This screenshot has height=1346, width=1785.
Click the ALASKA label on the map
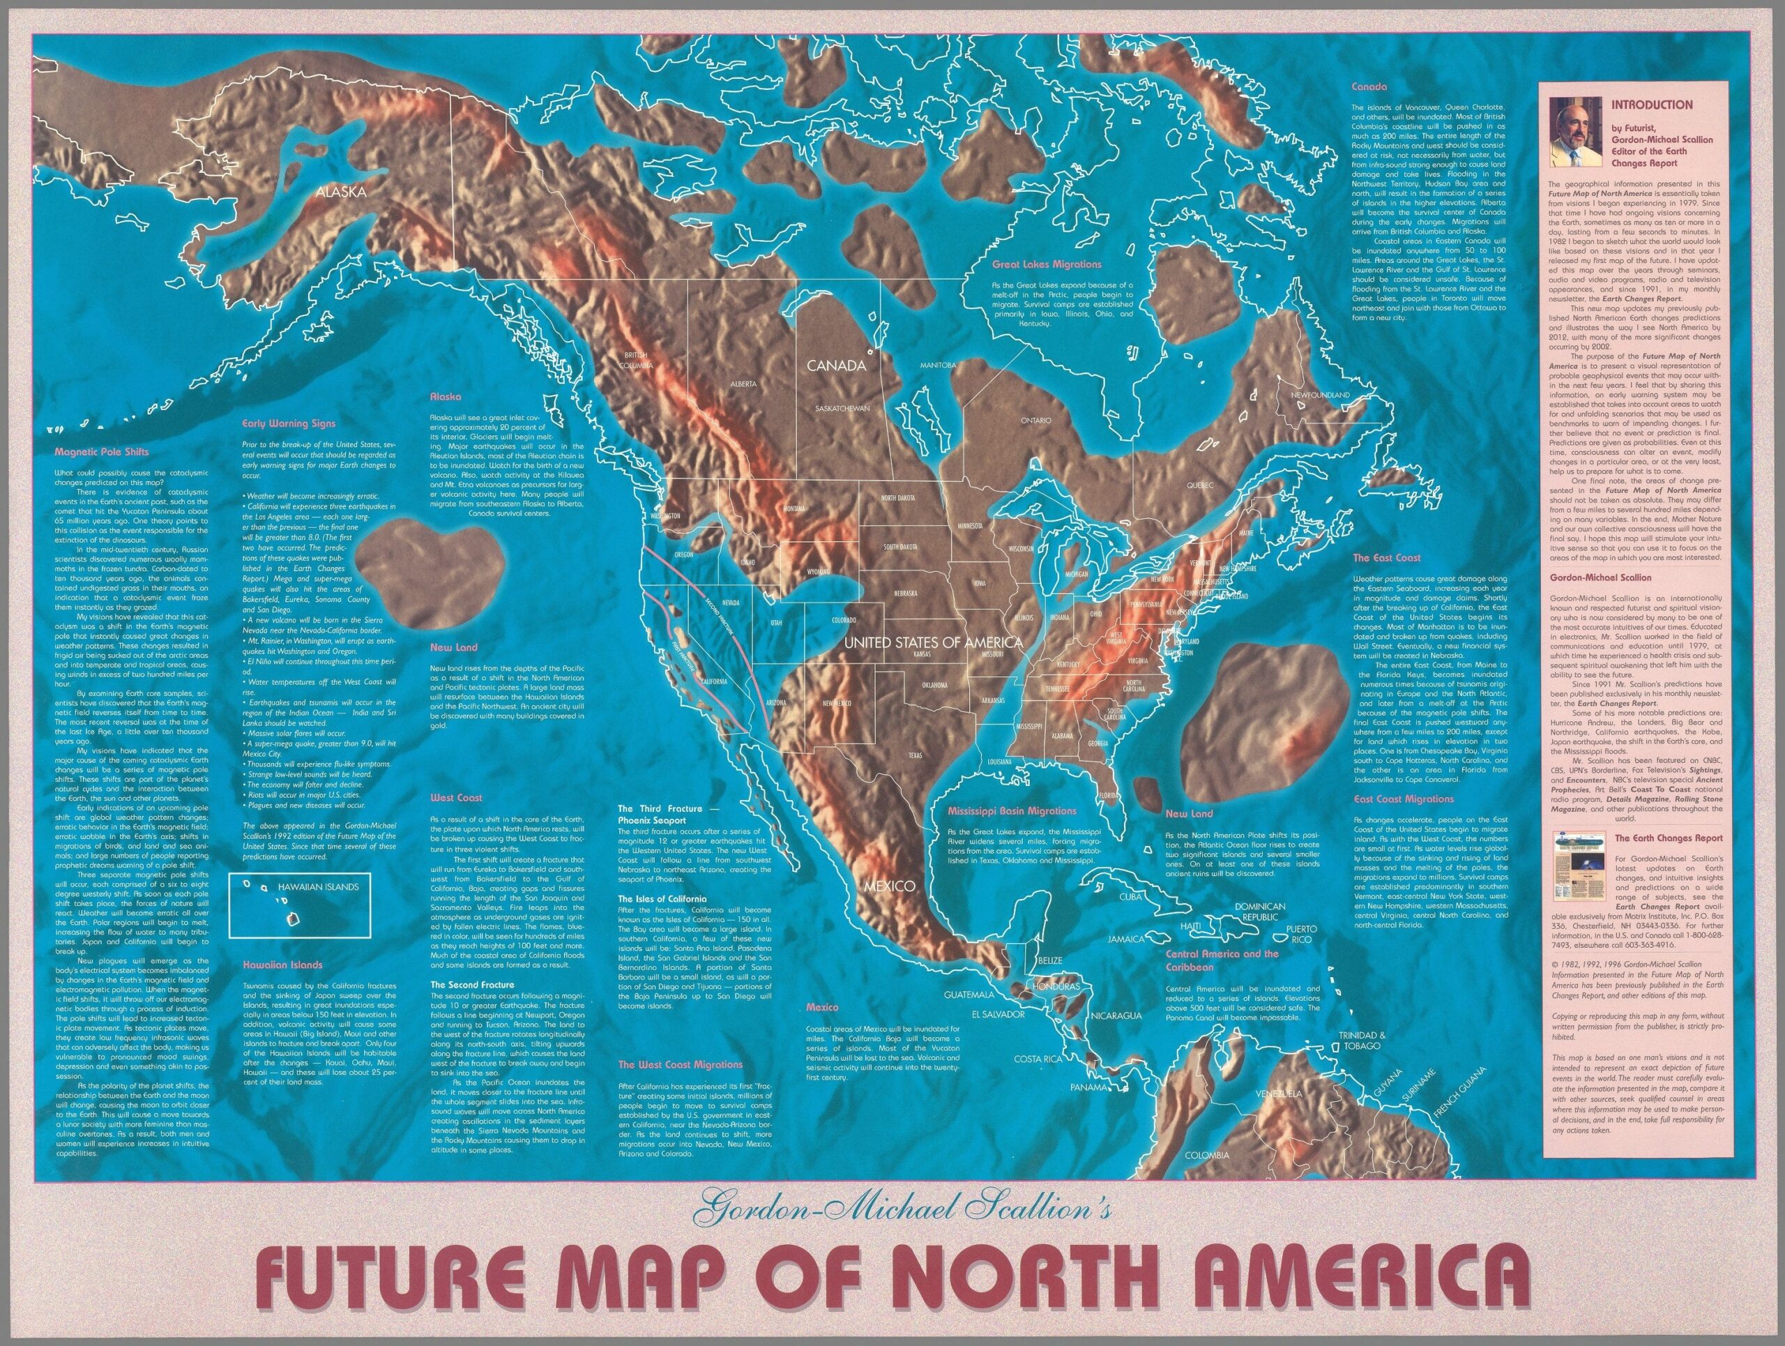pyautogui.click(x=342, y=192)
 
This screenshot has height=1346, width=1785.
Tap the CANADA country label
pyautogui.click(x=837, y=365)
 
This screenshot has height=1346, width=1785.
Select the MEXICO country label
pyautogui.click(x=889, y=886)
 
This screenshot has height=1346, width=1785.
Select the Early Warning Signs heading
pyautogui.click(x=289, y=423)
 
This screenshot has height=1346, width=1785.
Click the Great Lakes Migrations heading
pyautogui.click(x=1047, y=264)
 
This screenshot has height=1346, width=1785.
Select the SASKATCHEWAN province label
pyautogui.click(x=842, y=408)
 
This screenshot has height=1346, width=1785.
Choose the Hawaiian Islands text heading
pyautogui.click(x=283, y=965)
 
